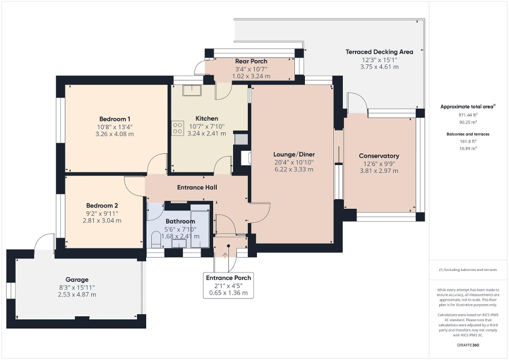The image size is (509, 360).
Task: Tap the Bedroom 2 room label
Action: coord(102,205)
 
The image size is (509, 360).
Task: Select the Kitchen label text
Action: coord(207,118)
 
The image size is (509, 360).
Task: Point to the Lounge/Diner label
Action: coord(293,154)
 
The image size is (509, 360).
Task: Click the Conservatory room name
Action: coord(379,155)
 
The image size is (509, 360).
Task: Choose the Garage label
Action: coord(77,279)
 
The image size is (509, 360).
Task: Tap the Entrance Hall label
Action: coord(197,187)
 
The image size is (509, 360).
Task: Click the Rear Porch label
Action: coord(251,61)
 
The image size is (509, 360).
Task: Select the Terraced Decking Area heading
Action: coord(379,52)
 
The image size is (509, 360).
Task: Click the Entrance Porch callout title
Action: coord(228,278)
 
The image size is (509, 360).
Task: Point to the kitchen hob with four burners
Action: coord(177,128)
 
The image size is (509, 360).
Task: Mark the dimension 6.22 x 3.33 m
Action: coord(293,169)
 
